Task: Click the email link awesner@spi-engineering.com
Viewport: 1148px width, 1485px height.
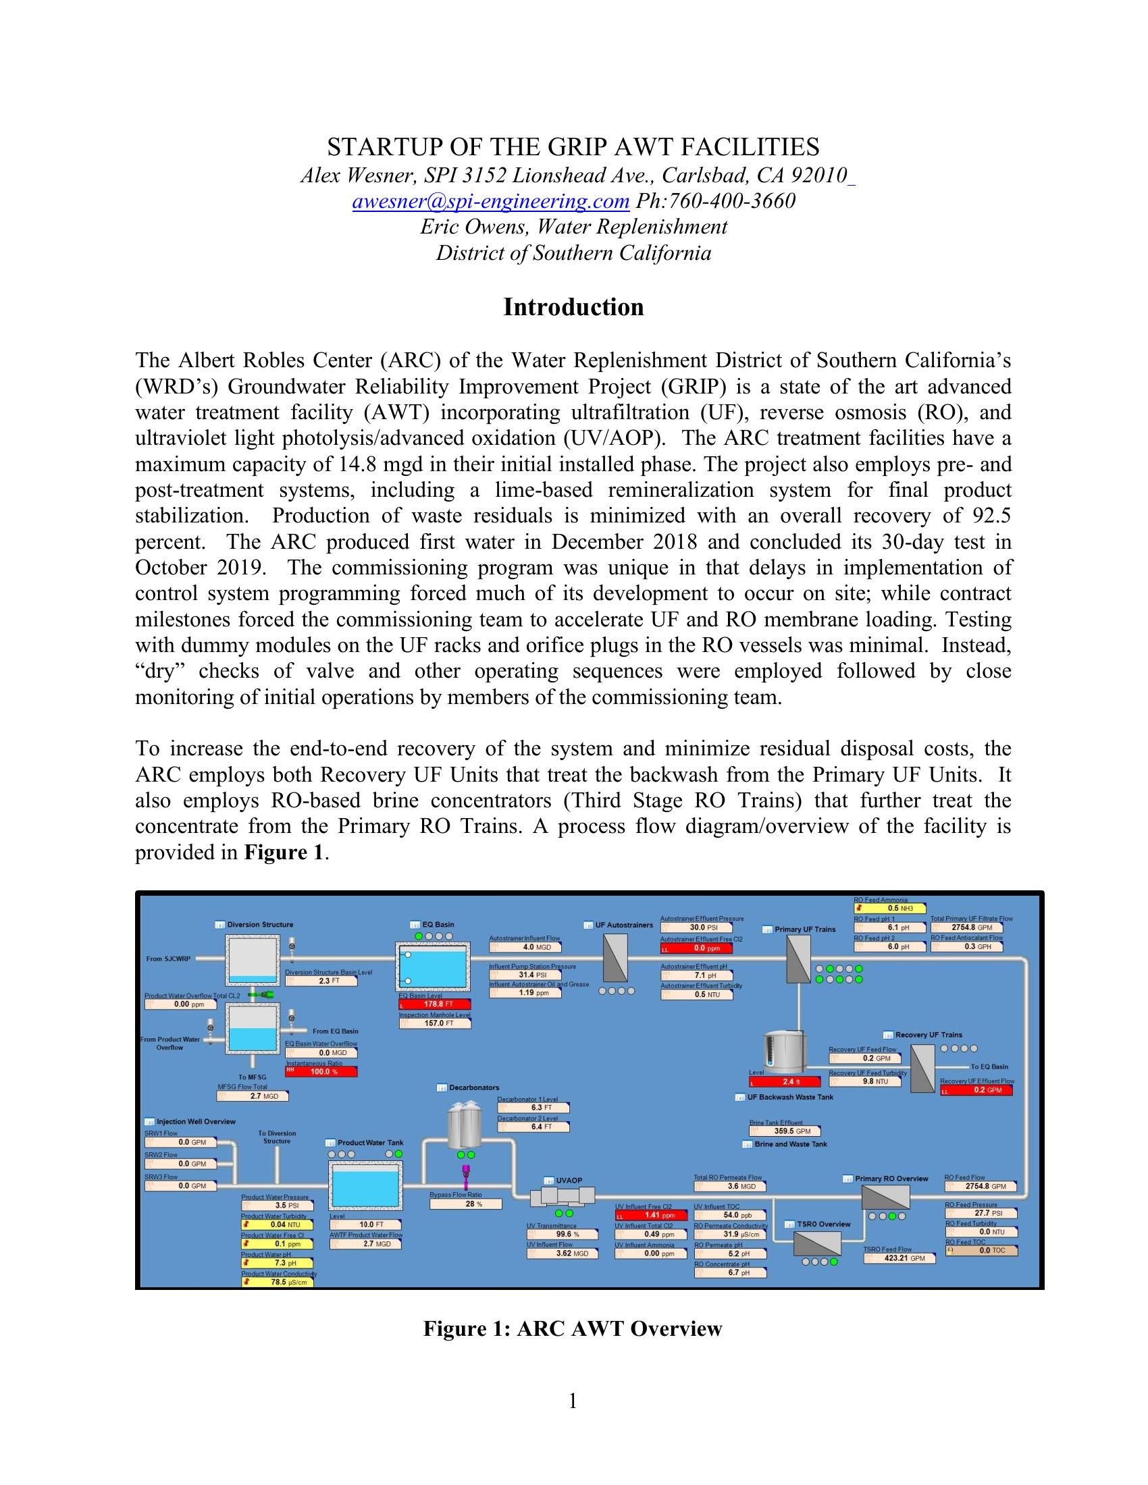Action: [490, 201]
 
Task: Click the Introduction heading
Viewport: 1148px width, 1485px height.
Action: [573, 307]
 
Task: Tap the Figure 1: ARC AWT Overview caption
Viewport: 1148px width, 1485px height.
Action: [573, 1328]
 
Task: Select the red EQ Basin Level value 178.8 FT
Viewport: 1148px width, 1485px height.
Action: [434, 1004]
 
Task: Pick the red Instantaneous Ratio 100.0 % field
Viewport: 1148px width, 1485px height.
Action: [321, 1072]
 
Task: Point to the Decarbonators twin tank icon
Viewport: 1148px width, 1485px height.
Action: [465, 1125]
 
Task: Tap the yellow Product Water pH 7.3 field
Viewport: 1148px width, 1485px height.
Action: [278, 1263]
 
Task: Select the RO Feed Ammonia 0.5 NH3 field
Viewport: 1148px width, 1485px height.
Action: [889, 908]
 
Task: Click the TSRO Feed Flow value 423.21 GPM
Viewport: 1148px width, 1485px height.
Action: [899, 1258]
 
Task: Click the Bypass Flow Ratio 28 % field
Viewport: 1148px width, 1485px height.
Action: [466, 1204]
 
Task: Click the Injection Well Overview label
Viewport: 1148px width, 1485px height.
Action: [196, 1121]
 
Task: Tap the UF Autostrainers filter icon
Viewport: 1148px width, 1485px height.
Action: [615, 958]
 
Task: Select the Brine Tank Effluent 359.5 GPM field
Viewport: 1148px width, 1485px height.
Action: [784, 1131]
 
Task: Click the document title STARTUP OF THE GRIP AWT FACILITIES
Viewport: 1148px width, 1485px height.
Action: [573, 147]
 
